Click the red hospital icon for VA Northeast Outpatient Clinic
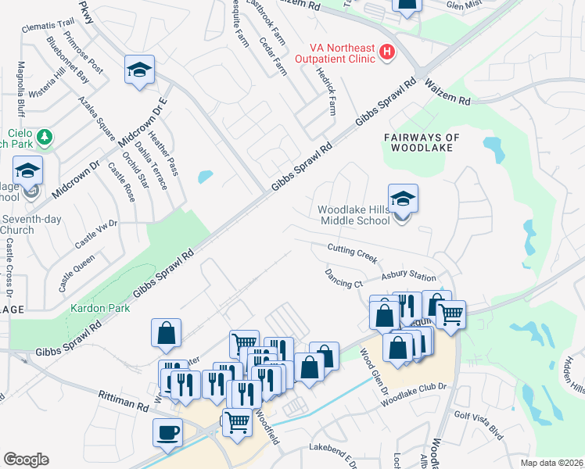pos(386,53)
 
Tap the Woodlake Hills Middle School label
pos(354,215)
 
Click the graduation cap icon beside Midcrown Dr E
pos(139,70)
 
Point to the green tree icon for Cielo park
pos(45,138)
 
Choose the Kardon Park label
pos(100,308)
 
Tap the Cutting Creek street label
pos(353,252)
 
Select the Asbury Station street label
pos(408,277)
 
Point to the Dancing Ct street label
pos(343,278)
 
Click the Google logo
pos(26,460)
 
